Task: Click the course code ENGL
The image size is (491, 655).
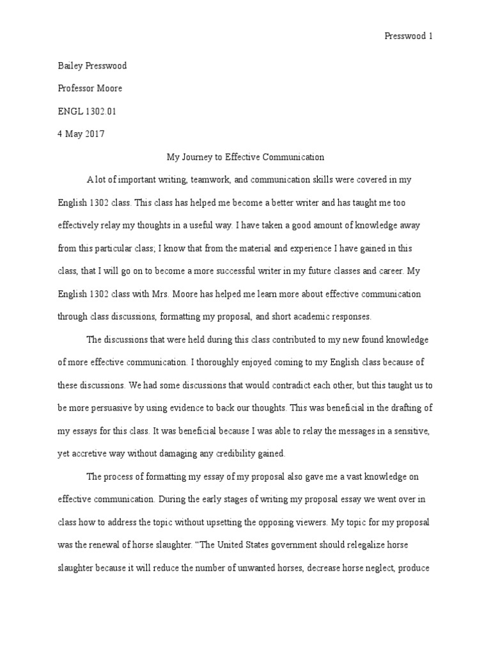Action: tap(70, 111)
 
